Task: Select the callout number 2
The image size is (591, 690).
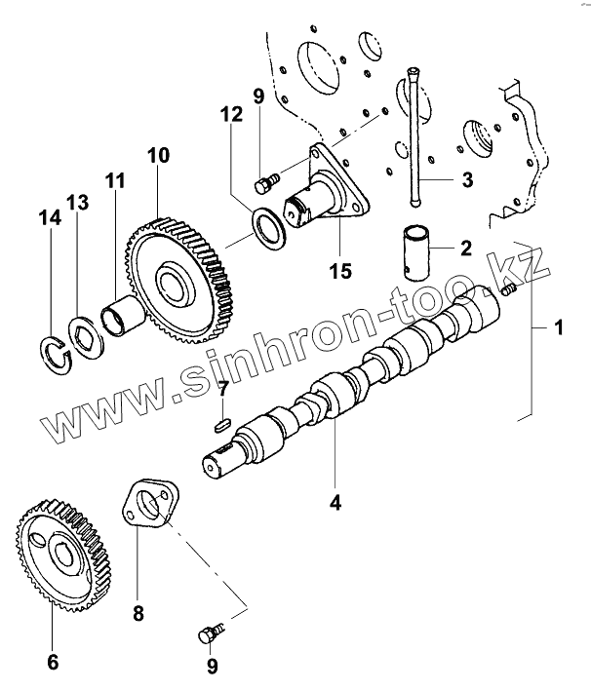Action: pyautogui.click(x=466, y=248)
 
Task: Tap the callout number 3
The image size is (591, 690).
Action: pyautogui.click(x=467, y=179)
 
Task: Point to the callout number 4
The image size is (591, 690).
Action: pyautogui.click(x=335, y=503)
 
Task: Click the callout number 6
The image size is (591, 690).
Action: pyautogui.click(x=53, y=662)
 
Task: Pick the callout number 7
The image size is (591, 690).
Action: pyautogui.click(x=222, y=389)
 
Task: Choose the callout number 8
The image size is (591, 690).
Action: pyautogui.click(x=138, y=613)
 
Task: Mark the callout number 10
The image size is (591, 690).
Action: pyautogui.click(x=158, y=155)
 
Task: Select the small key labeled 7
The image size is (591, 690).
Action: pyautogui.click(x=220, y=424)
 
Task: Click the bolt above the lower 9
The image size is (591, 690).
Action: pyautogui.click(x=209, y=634)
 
